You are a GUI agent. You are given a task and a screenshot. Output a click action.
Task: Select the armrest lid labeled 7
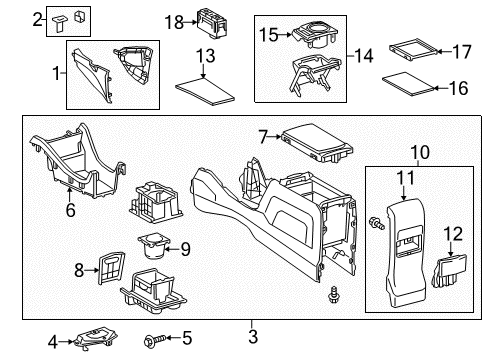[313, 141]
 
